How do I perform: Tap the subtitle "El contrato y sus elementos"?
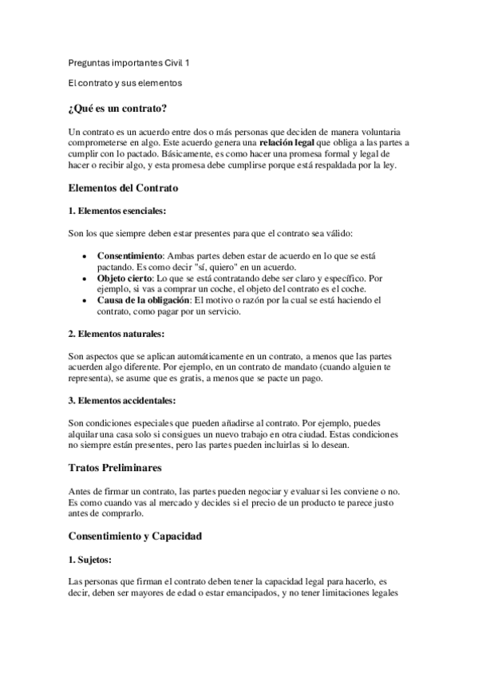click(x=125, y=82)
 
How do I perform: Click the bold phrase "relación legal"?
click(x=293, y=142)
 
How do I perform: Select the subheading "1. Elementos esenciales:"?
click(x=117, y=211)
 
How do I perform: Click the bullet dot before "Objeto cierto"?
click(x=85, y=278)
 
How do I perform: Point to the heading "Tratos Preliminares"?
click(x=115, y=465)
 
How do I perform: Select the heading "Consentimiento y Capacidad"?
click(x=135, y=536)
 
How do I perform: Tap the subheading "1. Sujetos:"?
click(x=89, y=560)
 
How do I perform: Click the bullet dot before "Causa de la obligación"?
click(x=85, y=300)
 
